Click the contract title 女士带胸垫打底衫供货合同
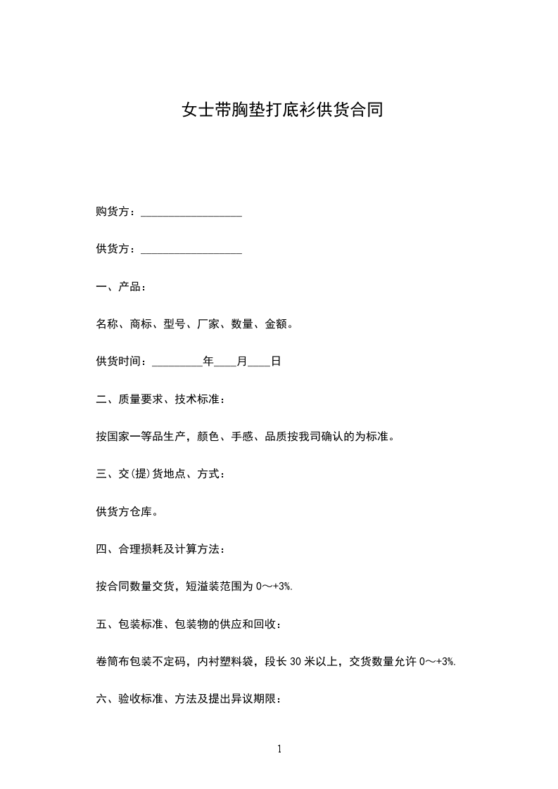coord(282,110)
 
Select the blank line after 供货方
coord(191,250)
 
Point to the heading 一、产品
coord(121,287)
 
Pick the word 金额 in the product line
coord(275,324)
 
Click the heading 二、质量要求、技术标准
coord(161,399)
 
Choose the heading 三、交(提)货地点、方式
coord(161,474)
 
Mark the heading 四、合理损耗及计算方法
coord(161,549)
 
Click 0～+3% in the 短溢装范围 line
coord(273,586)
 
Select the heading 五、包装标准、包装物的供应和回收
coord(189,623)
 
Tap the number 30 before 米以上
coord(296,661)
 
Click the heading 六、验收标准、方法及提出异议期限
coord(189,698)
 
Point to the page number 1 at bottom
coord(279,749)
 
